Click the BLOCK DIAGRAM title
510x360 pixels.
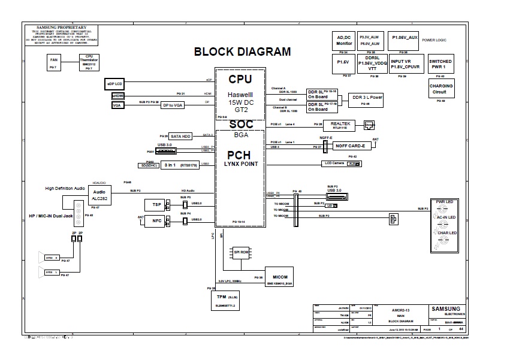point(242,52)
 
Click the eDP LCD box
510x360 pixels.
point(114,84)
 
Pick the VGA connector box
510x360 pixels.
point(117,105)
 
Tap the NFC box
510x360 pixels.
point(157,220)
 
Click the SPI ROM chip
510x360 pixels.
point(242,252)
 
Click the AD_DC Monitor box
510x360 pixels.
point(344,40)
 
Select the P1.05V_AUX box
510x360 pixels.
point(404,37)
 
